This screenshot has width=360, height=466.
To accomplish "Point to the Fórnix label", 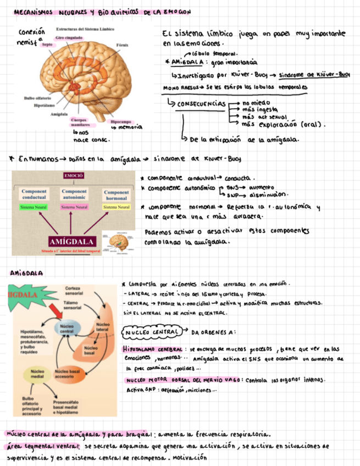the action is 122,43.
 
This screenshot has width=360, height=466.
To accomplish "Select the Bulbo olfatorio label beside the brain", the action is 36,98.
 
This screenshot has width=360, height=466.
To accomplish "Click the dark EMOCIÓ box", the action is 73,176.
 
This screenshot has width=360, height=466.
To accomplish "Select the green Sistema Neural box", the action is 33,207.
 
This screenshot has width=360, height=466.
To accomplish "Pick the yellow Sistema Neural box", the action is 117,207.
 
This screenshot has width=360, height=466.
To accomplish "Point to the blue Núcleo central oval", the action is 67,329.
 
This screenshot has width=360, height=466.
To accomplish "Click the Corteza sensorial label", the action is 74,291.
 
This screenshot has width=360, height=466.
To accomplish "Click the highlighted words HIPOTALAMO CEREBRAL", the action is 153,349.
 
